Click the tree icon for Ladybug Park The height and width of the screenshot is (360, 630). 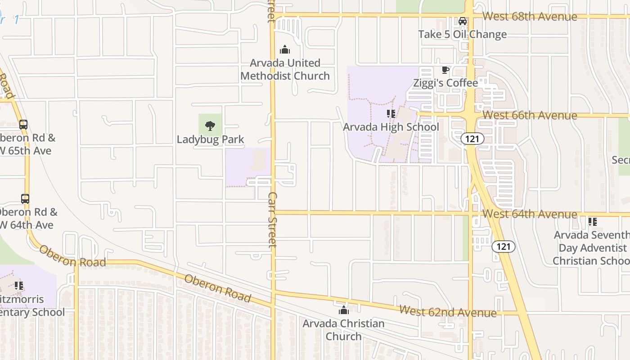point(210,126)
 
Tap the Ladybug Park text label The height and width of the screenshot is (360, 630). point(210,139)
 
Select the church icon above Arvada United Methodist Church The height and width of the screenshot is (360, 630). point(285,49)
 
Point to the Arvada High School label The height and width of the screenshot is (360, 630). point(391,127)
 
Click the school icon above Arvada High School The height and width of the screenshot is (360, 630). point(391,114)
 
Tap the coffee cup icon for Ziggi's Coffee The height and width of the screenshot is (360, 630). point(445,70)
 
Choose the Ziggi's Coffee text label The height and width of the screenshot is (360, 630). point(445,83)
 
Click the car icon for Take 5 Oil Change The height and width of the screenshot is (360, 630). point(462,21)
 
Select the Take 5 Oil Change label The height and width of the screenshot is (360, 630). point(462,34)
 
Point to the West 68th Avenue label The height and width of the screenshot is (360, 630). point(530,17)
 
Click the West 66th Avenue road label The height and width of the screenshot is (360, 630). point(530,115)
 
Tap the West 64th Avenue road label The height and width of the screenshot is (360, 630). point(530,214)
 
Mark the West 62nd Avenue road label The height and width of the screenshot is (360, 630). point(448,311)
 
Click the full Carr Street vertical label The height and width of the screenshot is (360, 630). point(273,220)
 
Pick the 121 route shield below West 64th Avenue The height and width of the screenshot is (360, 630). point(504,247)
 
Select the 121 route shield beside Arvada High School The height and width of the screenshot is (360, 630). point(472,139)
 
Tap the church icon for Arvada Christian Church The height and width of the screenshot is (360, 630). point(343,310)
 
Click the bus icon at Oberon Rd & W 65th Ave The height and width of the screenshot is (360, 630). point(23,125)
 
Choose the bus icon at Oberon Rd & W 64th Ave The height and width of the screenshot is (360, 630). point(25,199)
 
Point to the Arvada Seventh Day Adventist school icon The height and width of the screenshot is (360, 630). point(593,222)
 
